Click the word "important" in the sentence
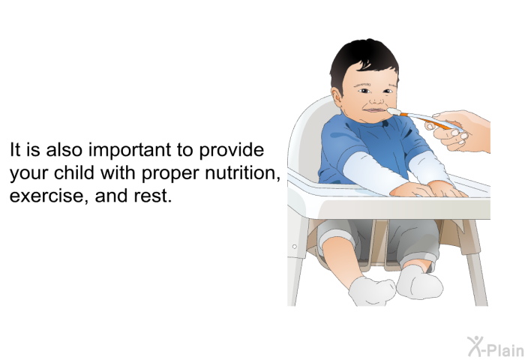point(130,150)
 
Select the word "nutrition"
point(242,172)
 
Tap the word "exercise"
point(49,196)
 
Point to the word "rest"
point(153,196)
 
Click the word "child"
point(74,172)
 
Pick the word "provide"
point(231,150)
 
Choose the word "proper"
point(170,174)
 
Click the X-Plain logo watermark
point(496,347)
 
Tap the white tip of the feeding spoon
point(394,112)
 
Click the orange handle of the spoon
point(432,122)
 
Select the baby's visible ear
point(337,97)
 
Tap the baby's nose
point(378,100)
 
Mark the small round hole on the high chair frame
point(294,247)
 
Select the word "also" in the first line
point(64,150)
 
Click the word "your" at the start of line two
point(29,174)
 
